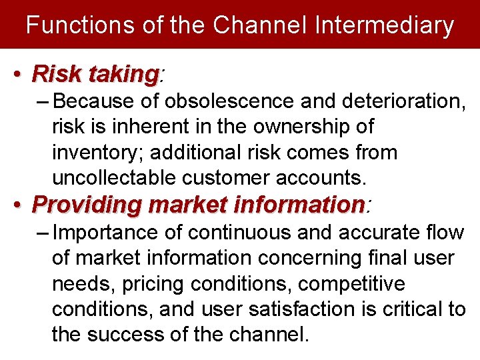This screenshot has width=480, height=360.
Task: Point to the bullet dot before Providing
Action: coord(22,205)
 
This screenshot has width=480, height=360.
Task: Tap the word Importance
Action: coord(105,233)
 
